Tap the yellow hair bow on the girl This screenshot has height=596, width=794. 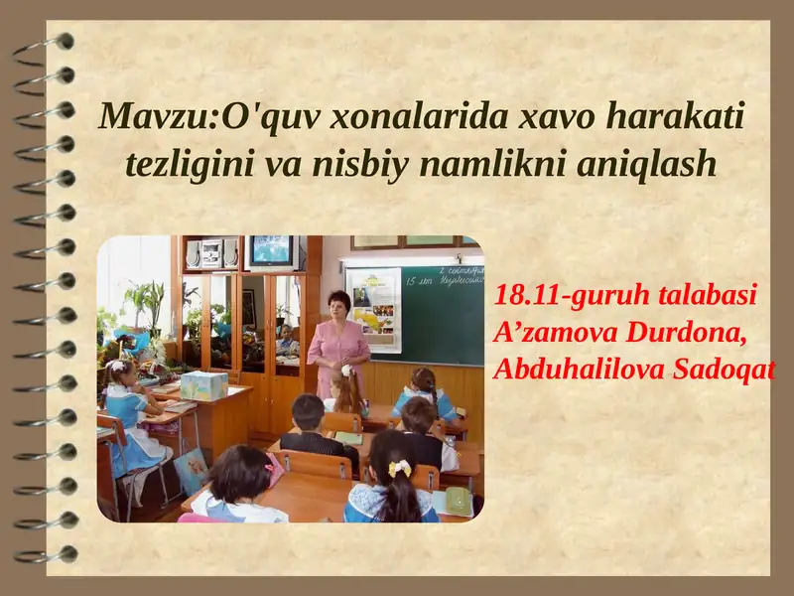[399, 467]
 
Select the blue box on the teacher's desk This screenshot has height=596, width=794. [203, 385]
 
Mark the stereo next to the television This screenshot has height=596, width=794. [213, 253]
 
